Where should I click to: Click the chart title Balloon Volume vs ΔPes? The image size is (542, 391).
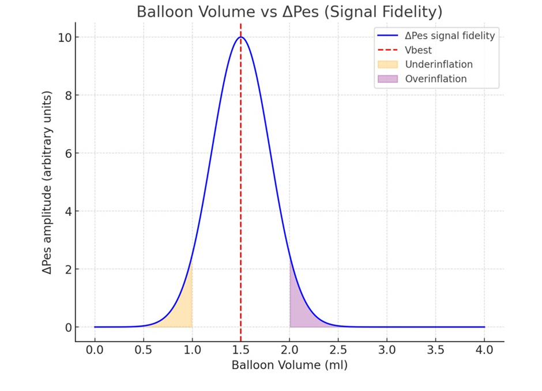(x=289, y=12)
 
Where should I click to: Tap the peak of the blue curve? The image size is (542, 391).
(x=241, y=37)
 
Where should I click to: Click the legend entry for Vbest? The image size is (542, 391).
(x=418, y=50)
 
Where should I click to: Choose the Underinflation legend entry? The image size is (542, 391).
(x=438, y=64)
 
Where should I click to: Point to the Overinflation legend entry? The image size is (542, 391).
(x=435, y=79)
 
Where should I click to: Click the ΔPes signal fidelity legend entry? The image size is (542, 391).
(x=450, y=36)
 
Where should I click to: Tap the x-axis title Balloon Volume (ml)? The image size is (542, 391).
(x=289, y=365)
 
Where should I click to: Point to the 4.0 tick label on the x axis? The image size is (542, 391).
(x=484, y=350)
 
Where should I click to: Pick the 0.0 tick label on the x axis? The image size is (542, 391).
(x=95, y=350)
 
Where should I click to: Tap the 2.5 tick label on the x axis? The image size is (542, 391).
(x=338, y=350)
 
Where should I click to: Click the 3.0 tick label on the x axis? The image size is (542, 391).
(x=387, y=350)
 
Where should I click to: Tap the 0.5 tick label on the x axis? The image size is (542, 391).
(x=144, y=350)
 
